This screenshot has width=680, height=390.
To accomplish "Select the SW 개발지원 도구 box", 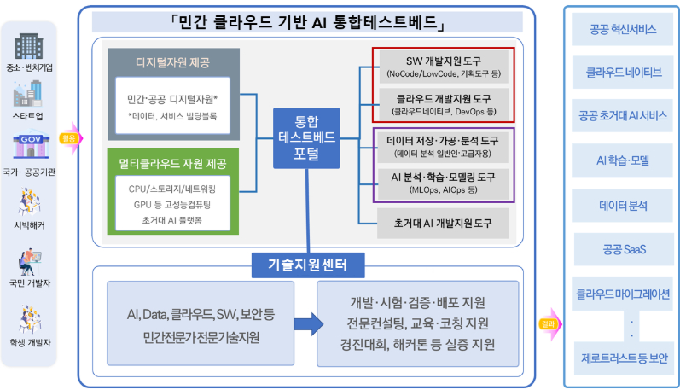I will (x=442, y=67).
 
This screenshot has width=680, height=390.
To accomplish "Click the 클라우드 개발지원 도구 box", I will (x=442, y=104).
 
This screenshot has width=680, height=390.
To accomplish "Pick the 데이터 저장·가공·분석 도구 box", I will (x=442, y=147).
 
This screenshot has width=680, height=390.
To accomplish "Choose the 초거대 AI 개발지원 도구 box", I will (x=442, y=224).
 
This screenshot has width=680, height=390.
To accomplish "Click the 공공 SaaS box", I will (x=623, y=250).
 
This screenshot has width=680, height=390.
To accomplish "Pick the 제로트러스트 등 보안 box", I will (x=623, y=358).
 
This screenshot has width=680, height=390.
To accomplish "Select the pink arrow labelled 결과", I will (x=548, y=324).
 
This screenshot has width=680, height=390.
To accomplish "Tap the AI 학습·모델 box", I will (x=623, y=160).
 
